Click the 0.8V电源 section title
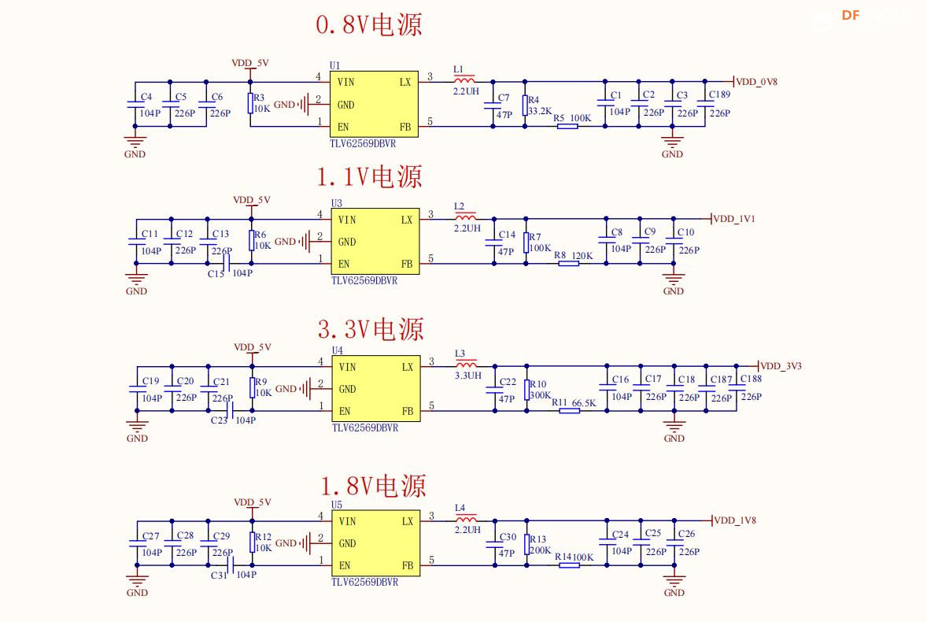(368, 24)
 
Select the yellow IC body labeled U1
(373, 104)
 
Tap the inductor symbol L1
(464, 80)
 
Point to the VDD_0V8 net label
(756, 81)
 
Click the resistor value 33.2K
(540, 112)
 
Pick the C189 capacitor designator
(719, 94)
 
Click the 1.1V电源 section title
(369, 177)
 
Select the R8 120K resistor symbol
(568, 263)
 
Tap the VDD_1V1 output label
(734, 219)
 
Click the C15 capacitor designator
(216, 274)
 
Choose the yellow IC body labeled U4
(375, 389)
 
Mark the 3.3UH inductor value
(467, 376)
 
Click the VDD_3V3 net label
(781, 366)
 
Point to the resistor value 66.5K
(584, 403)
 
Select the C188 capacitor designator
(751, 379)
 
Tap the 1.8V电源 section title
(373, 486)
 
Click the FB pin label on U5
(408, 565)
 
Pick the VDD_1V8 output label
(735, 520)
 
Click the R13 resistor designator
(538, 539)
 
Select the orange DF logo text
(851, 15)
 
